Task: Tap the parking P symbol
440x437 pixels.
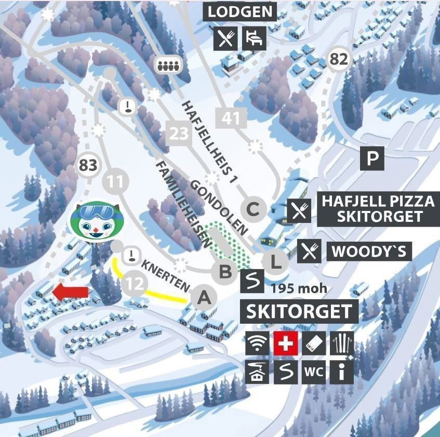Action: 372,158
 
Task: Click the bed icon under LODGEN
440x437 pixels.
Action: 255,37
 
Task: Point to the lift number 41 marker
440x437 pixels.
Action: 231,118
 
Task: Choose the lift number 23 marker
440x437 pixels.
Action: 178,134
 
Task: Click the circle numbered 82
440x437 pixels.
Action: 339,59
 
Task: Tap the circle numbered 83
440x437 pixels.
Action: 88,166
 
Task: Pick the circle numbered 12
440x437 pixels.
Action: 135,284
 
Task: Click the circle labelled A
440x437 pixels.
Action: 204,298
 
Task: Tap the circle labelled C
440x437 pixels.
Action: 253,209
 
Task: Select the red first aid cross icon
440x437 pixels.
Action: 285,343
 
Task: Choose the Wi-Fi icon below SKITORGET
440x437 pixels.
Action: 257,343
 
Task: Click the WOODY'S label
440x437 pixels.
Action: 369,251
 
